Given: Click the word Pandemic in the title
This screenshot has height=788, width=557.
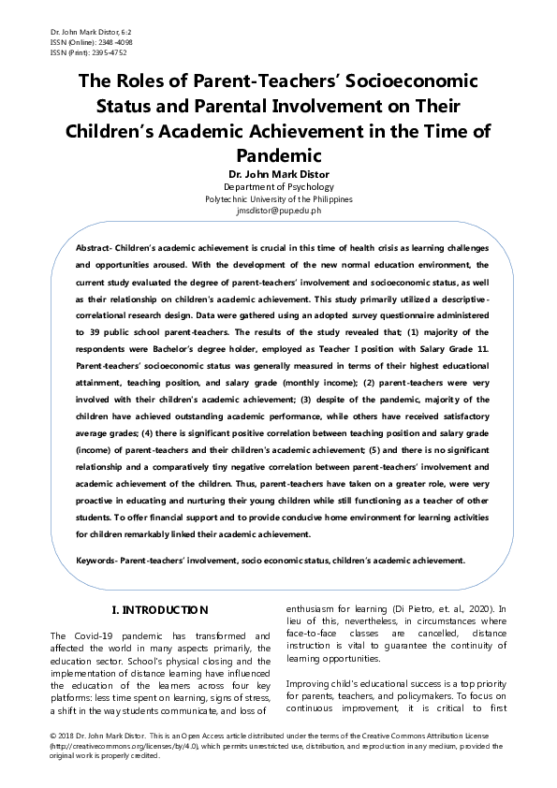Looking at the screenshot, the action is (278, 154).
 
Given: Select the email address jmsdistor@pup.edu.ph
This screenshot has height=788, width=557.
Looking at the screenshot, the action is (278, 212).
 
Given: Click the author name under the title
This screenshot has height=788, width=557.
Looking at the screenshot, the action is (278, 174).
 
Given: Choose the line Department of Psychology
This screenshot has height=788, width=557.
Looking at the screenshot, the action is (278, 187).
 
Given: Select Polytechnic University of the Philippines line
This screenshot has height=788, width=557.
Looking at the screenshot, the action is (278, 199).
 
